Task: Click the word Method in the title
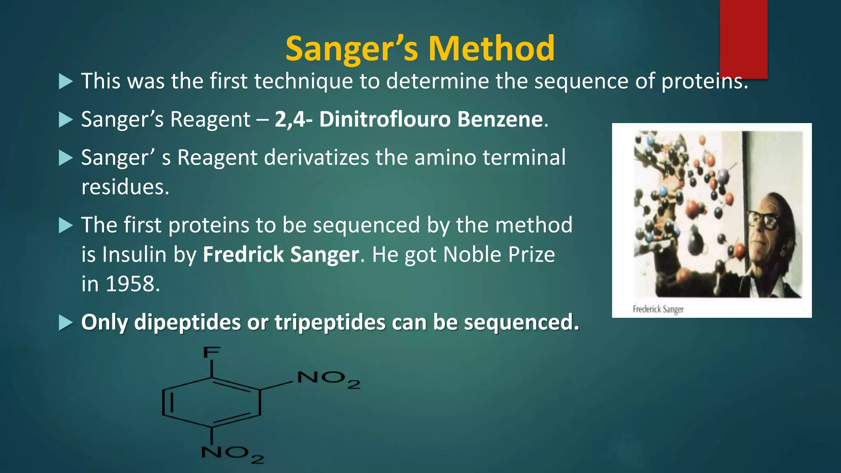tap(491, 48)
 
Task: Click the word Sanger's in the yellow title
tap(352, 48)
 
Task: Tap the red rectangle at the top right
tap(743, 39)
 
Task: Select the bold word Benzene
tap(500, 119)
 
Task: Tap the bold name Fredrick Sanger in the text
tap(281, 255)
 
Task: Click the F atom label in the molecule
tap(212, 353)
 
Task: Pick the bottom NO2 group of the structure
tap(232, 454)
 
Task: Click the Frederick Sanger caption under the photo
tap(658, 309)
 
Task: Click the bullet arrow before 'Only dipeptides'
tap(66, 322)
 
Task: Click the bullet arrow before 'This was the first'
tap(66, 81)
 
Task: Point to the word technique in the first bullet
tap(303, 81)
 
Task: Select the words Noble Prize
tap(499, 255)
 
